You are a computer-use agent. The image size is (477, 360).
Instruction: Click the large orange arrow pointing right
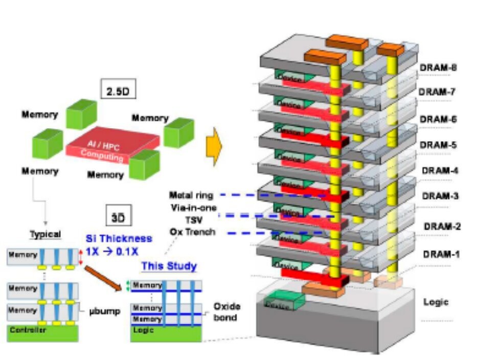[213, 144]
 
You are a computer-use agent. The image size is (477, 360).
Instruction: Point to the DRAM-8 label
[438, 67]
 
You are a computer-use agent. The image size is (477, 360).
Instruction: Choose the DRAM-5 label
[438, 145]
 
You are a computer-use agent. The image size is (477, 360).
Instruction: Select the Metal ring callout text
[192, 195]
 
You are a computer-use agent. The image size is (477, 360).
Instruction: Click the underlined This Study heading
[169, 266]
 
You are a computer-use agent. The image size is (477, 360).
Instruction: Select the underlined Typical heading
[45, 235]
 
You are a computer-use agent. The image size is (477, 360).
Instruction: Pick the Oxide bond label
[226, 312]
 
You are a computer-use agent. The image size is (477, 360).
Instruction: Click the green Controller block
[43, 332]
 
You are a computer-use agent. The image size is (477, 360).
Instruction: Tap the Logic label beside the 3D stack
[436, 302]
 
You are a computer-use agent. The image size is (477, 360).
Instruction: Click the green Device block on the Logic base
[279, 301]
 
